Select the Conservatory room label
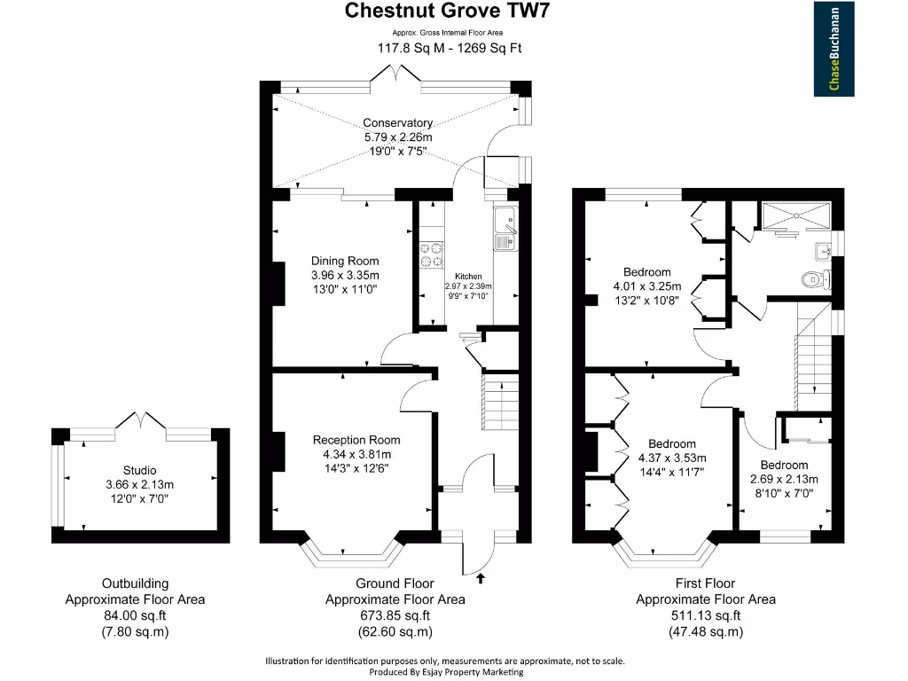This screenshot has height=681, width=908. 397,123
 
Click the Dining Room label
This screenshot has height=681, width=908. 344,261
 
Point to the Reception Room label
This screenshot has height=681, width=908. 356,440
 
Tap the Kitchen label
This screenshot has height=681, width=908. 467,277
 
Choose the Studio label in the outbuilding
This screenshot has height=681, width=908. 139,470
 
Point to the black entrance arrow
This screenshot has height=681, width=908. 481,579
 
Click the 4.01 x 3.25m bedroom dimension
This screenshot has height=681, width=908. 646,286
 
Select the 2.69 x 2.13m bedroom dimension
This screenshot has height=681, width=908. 784,479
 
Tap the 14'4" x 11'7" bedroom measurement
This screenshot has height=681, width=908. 671,472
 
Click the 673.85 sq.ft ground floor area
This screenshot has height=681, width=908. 395,615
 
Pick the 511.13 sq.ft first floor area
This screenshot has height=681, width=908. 705,615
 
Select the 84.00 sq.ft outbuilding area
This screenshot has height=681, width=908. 135,615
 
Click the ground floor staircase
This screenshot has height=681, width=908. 499,401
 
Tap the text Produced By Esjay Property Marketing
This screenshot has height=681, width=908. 446,672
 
